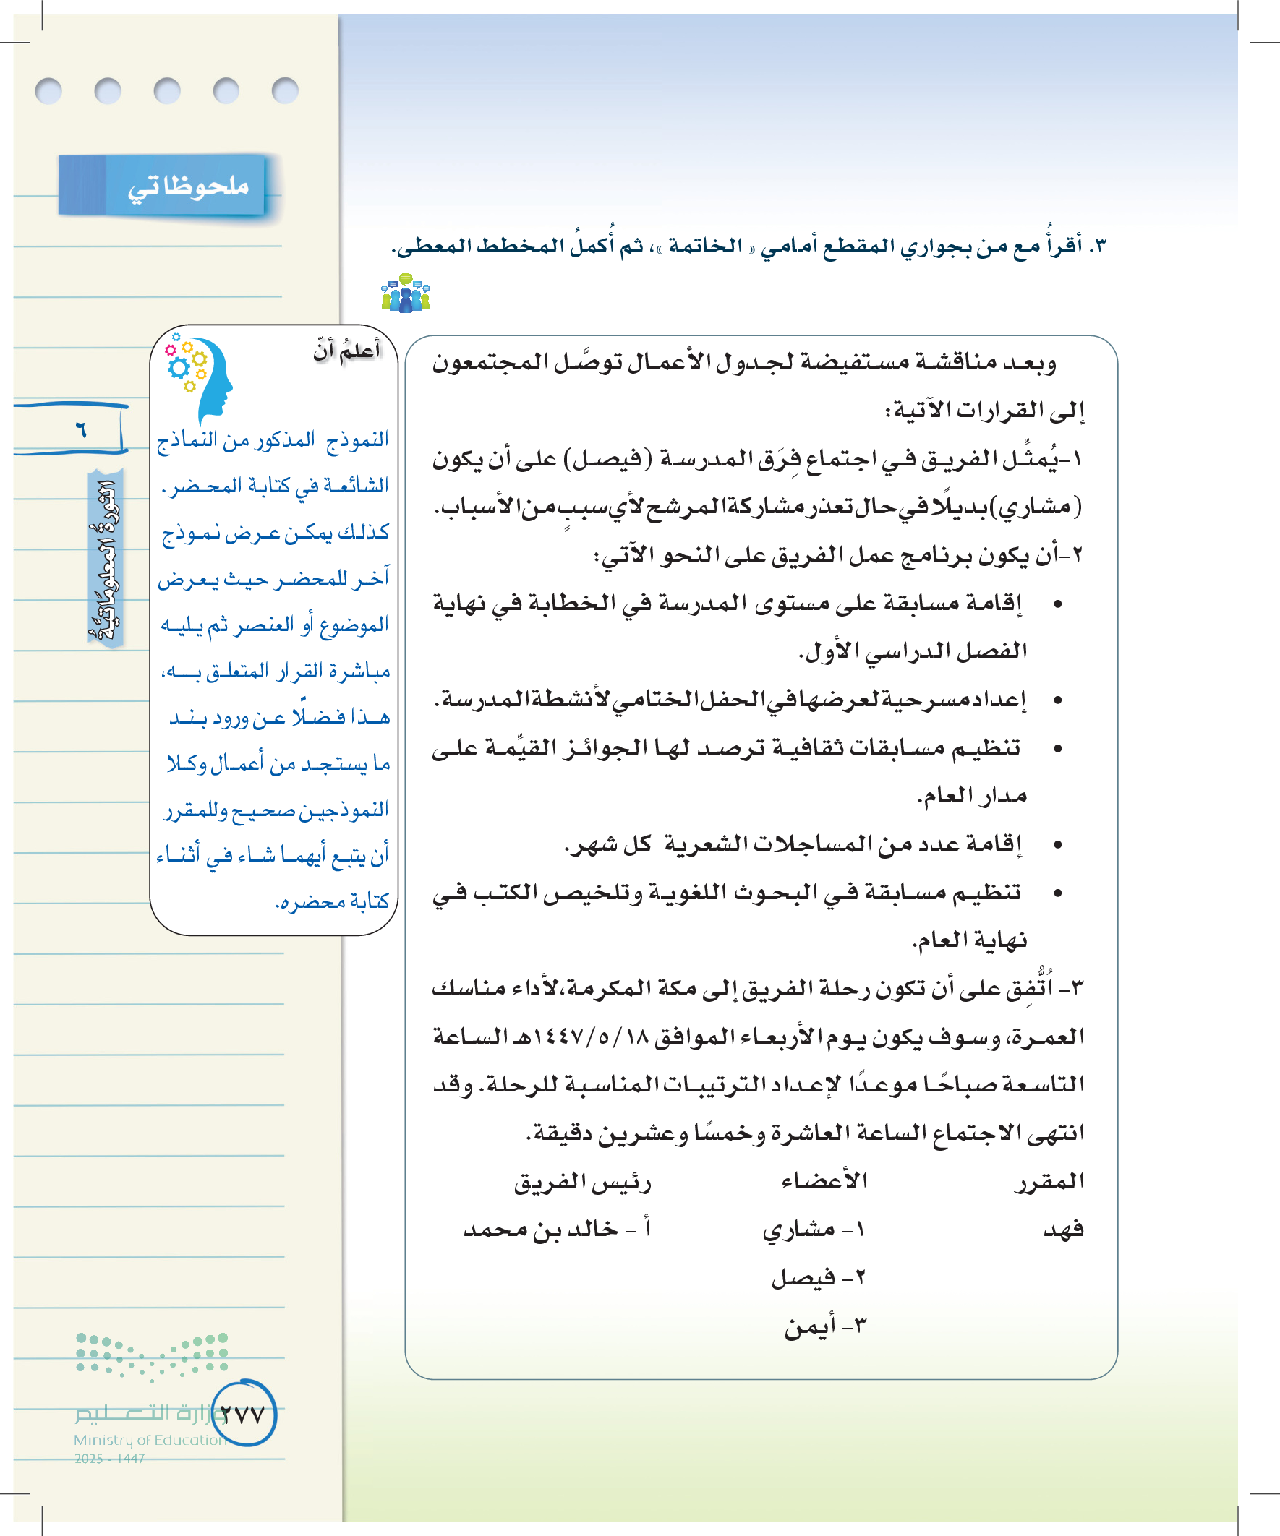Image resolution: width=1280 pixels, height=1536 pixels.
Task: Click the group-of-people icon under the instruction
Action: [x=406, y=293]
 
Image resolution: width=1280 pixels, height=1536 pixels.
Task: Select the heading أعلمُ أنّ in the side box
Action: [x=347, y=351]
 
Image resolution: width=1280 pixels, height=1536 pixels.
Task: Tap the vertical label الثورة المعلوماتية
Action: [x=105, y=559]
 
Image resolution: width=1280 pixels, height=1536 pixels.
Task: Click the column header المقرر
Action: [x=1049, y=1181]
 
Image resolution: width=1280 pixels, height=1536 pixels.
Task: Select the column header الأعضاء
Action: [x=824, y=1180]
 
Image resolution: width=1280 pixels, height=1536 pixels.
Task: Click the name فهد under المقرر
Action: [x=1062, y=1229]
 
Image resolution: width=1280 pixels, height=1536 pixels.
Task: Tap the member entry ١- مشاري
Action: [x=812, y=1230]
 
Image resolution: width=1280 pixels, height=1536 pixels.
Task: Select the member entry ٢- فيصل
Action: [x=818, y=1277]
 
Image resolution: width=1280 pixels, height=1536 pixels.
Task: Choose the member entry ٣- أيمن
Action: [x=825, y=1325]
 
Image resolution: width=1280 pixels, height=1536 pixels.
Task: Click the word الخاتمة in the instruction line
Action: [x=705, y=246]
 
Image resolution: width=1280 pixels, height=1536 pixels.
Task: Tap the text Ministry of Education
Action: [x=150, y=1439]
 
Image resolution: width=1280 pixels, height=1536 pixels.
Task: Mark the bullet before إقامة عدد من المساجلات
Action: [x=1057, y=845]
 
